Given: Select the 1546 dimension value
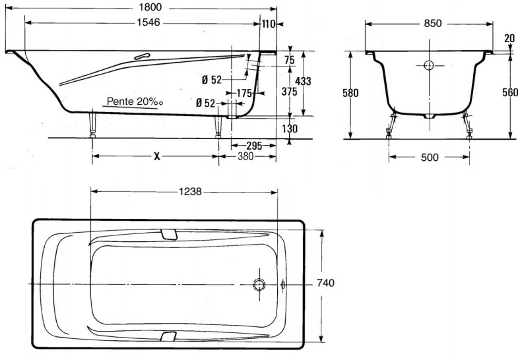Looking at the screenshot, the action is pos(148,22).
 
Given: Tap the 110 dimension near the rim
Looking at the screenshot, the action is pos(269,24).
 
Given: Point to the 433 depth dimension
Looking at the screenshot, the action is pos(303,81).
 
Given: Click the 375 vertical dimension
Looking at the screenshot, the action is pos(289,91).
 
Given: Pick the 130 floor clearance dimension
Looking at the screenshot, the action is pos(290,129).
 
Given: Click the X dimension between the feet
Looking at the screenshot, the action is pos(157,156).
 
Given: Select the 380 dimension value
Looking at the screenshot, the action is pos(245,156).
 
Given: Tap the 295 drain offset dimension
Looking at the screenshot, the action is pos(254,146).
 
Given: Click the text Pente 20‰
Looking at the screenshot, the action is pos(135,102).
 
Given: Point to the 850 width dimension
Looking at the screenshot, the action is pos(433,23).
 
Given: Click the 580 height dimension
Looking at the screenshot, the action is pos(350,93).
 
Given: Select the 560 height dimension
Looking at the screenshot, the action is pos(510,92).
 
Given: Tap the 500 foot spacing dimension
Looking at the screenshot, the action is pos(430,157).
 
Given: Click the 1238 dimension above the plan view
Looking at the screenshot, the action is pos(190,191).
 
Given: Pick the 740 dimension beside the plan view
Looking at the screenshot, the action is pos(326,283).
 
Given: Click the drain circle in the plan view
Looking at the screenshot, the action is pos(259,284).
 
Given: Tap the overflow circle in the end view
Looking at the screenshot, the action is pos(429,65).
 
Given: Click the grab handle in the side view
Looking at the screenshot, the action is pos(143,56).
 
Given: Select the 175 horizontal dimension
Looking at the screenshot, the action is pos(244,93).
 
